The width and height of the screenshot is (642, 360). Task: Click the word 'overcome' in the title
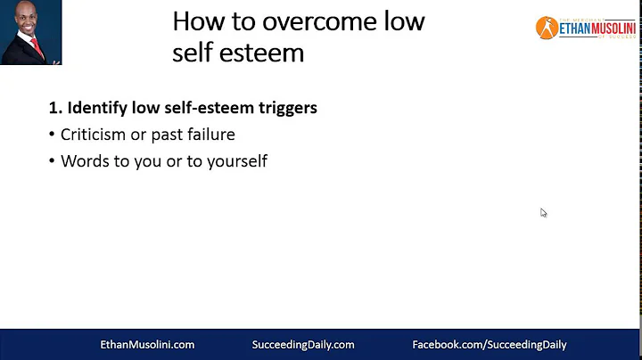284,21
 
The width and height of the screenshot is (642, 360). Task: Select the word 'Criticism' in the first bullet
94,135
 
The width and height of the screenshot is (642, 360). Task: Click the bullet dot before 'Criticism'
52,135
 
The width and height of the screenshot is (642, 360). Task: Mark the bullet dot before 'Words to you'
52,162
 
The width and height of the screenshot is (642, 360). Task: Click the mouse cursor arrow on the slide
543,212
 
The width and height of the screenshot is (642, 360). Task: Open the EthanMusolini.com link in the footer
146,344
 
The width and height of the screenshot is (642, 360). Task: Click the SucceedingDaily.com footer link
304,344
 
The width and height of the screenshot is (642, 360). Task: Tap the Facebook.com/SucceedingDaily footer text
489,344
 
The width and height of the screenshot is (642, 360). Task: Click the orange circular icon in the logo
546,28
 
